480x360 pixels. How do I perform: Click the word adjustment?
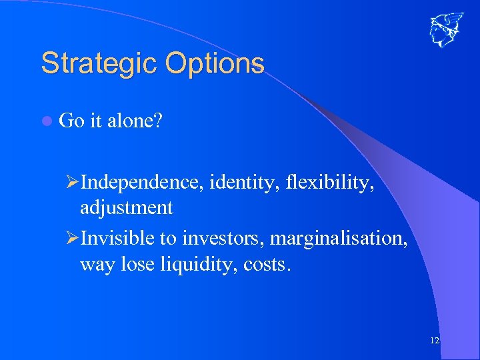(126, 208)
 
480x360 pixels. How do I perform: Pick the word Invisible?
(117, 237)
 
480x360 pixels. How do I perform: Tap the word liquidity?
(199, 264)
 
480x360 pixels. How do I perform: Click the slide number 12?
(435, 341)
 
